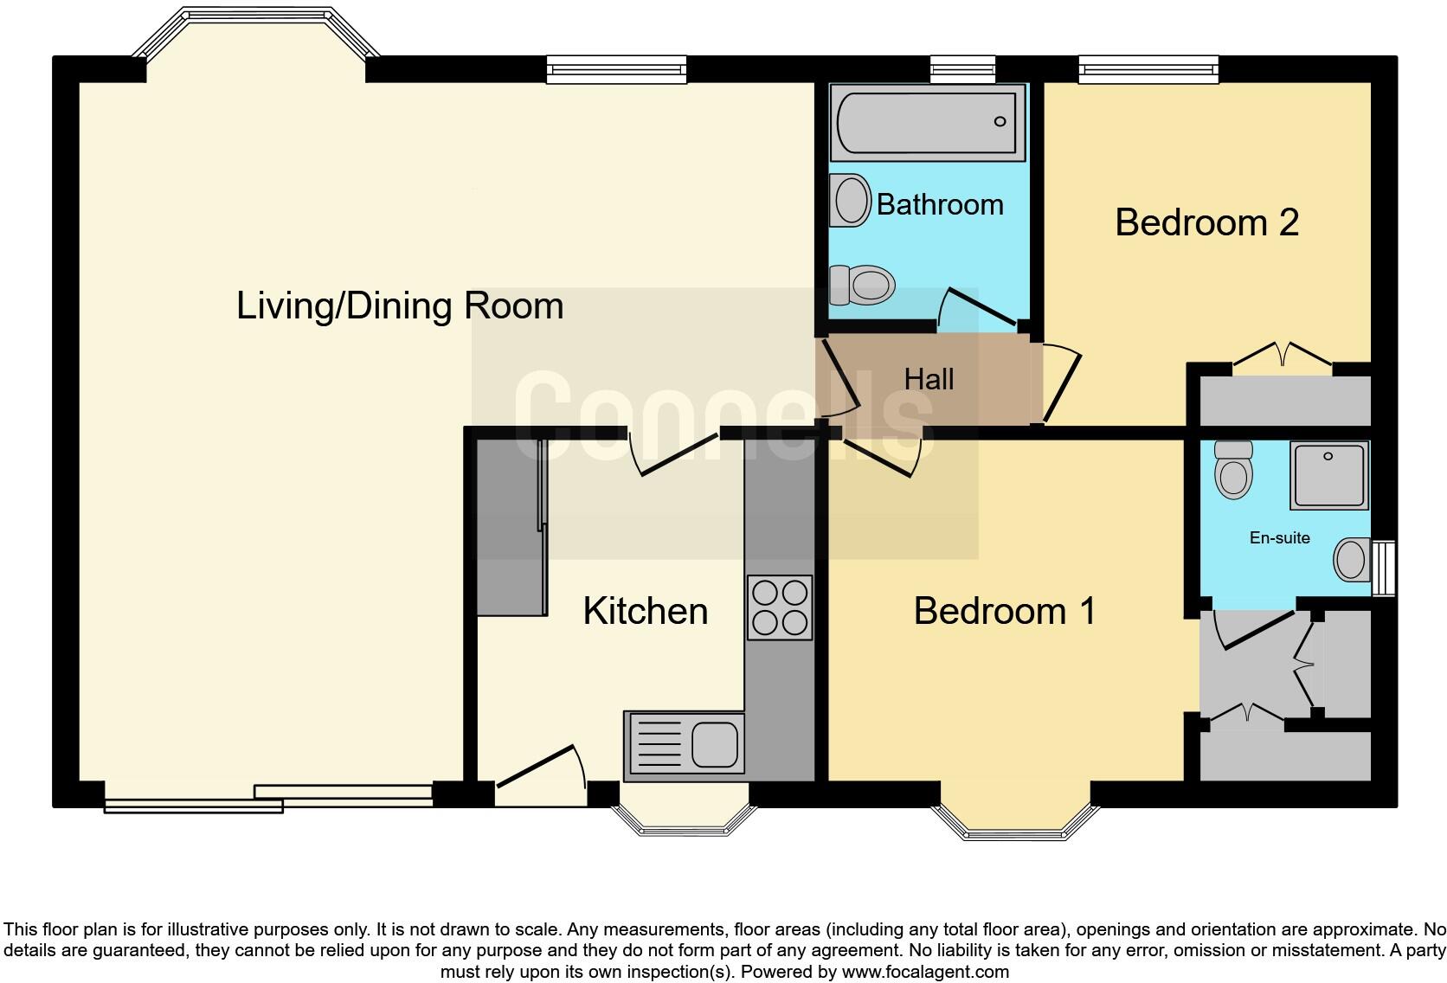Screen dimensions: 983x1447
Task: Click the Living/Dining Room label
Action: click(x=400, y=306)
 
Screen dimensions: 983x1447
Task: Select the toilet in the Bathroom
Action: click(x=862, y=285)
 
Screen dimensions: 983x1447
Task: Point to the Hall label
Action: click(x=929, y=379)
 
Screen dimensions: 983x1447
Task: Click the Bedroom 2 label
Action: click(x=1206, y=222)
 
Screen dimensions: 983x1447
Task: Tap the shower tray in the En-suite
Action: click(x=1329, y=475)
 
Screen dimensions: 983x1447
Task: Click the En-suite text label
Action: click(x=1279, y=537)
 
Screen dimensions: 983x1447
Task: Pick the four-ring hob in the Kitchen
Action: click(x=780, y=607)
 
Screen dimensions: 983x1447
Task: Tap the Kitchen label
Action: click(x=646, y=611)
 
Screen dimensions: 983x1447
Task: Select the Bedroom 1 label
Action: click(x=1005, y=611)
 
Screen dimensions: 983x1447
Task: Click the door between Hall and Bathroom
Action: click(x=978, y=307)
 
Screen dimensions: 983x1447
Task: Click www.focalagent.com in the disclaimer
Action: click(x=924, y=972)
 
